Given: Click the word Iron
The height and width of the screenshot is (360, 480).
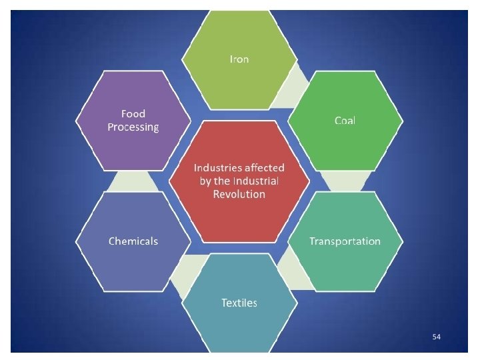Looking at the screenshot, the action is (x=239, y=59).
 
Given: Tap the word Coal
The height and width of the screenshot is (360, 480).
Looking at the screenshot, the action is (x=345, y=121).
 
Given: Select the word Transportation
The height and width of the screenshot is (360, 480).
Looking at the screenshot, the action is (x=345, y=241).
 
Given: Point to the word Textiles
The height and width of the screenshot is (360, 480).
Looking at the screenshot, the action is (x=239, y=303).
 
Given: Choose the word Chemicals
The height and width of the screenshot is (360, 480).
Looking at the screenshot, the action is (x=133, y=241).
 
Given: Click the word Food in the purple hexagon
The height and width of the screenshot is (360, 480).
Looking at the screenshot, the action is (x=133, y=114).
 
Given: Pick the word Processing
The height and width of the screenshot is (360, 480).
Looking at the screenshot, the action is (x=133, y=127).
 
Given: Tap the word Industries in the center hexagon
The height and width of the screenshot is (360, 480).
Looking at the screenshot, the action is (x=217, y=167).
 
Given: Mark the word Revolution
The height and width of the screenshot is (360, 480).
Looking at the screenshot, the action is (x=239, y=194).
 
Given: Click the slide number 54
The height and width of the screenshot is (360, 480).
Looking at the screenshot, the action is (x=436, y=337).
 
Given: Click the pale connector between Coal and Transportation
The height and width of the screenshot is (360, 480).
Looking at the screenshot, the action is (x=345, y=180).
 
